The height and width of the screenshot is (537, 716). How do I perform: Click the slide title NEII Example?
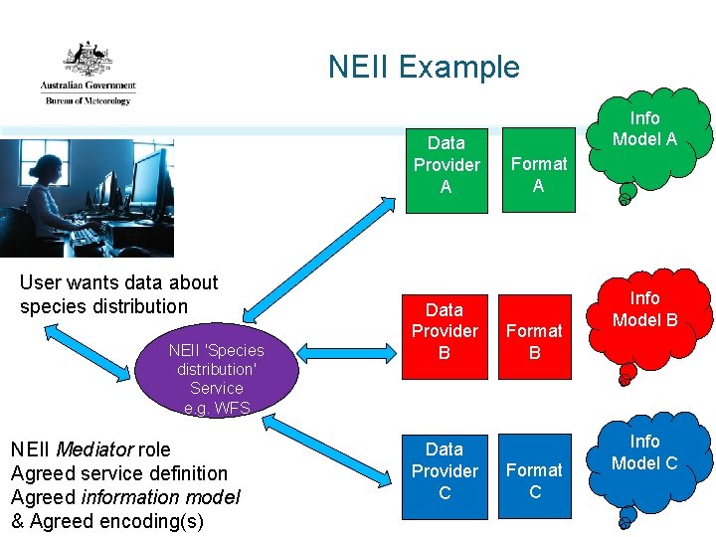424,67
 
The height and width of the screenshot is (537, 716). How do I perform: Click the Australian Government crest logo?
89,61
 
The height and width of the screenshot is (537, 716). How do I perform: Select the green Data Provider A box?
447,165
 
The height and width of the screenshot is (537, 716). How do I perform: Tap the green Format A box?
538,174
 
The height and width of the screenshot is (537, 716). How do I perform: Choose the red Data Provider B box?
445,331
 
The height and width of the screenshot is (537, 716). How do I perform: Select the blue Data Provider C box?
445,470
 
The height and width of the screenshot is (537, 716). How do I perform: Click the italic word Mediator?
89,449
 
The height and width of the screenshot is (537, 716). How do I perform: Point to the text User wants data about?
118,282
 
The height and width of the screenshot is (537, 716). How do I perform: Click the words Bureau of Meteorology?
87,100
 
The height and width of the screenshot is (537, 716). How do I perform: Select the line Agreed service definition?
118,473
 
